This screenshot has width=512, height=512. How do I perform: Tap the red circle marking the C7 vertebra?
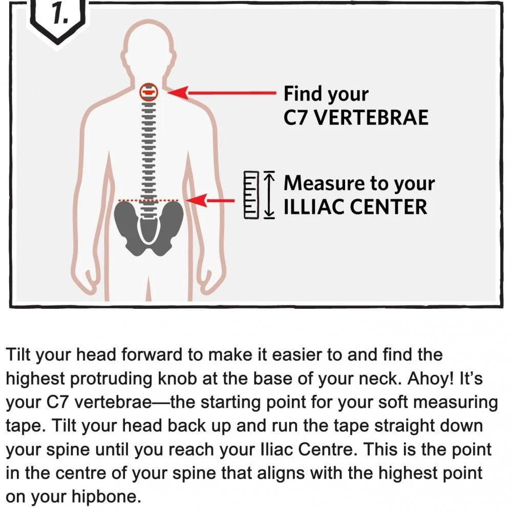149,92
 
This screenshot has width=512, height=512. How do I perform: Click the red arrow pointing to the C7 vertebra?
222,93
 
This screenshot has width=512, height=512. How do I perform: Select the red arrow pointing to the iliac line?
209,200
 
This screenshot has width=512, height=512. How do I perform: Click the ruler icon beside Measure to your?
251,195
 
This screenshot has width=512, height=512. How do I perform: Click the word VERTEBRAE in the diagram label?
372,118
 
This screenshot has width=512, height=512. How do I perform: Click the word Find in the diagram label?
303,93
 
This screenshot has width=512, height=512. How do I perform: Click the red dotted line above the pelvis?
148,200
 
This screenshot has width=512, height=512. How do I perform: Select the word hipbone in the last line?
106,497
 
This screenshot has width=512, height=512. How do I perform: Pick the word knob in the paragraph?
177,378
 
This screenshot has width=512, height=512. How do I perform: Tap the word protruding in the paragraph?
111,379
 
